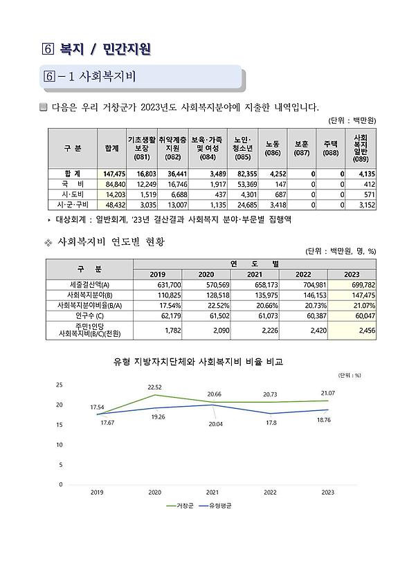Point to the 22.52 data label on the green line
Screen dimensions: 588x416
coord(154,387)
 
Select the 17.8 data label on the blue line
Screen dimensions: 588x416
coord(271,423)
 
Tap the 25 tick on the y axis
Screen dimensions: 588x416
coord(60,385)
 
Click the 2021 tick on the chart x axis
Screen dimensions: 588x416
coord(212,493)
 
